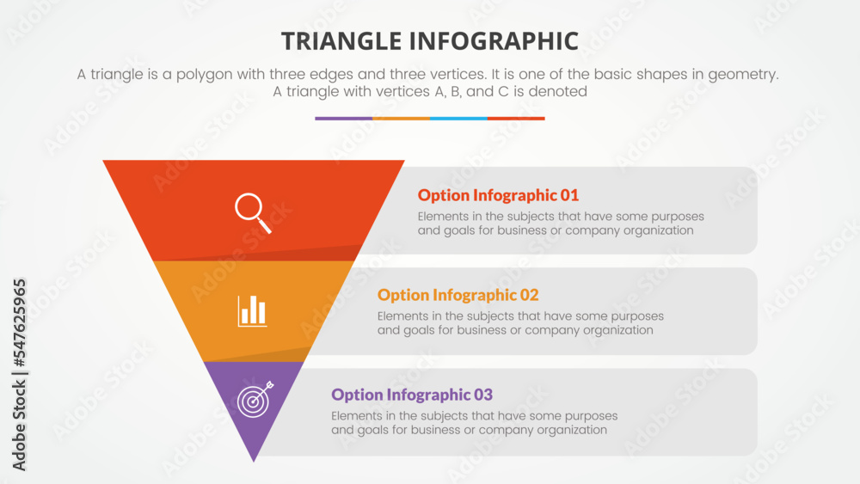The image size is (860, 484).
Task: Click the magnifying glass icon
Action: point(253,212)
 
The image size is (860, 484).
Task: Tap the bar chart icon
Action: point(253,310)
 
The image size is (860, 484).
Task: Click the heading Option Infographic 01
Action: point(498,195)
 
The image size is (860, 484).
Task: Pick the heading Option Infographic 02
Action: point(458,295)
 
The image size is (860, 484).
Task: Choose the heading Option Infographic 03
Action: point(412,395)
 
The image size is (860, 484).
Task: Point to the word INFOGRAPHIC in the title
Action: point(500,40)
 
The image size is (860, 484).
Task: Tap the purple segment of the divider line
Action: point(343,119)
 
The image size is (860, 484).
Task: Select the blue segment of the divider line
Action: point(458,119)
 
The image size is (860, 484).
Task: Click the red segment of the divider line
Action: point(516,119)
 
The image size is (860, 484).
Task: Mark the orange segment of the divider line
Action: point(401,119)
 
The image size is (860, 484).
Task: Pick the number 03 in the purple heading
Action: point(482,395)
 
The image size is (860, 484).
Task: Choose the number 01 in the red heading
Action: point(568,195)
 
